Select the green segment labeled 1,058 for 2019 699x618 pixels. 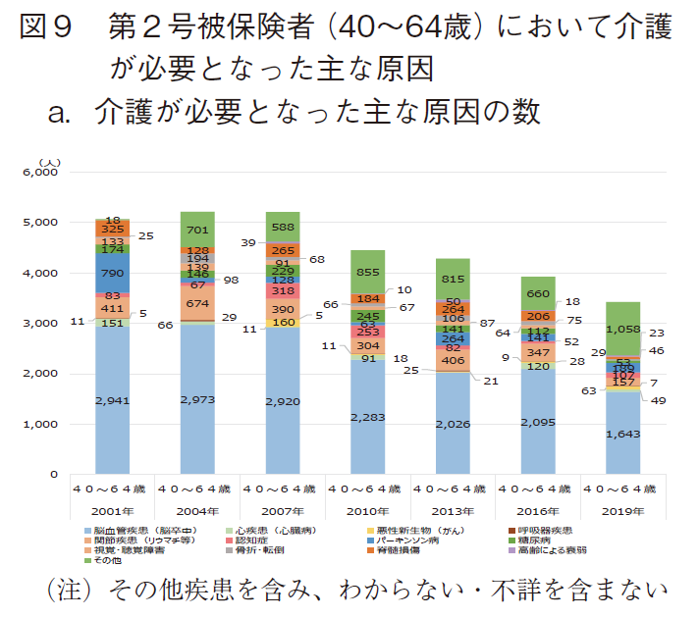637,329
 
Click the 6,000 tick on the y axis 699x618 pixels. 41,172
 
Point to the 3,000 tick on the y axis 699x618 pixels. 41,324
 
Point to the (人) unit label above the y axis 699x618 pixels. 49,161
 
